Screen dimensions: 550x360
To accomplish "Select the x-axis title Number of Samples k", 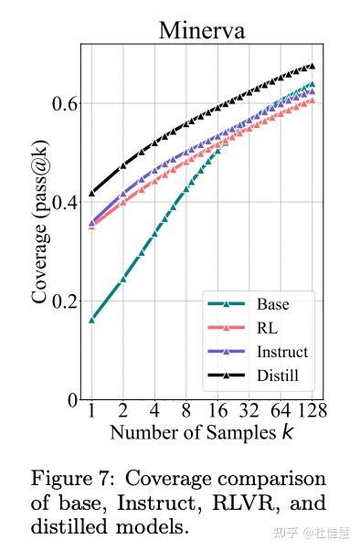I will pyautogui.click(x=202, y=431).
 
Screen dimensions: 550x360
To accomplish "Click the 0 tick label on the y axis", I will pyautogui.click(x=71, y=399).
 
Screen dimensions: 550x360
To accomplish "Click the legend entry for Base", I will pyautogui.click(x=273, y=304).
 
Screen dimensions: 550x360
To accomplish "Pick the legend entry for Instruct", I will pyautogui.click(x=282, y=352).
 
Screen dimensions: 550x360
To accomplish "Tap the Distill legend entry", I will pyautogui.click(x=278, y=375).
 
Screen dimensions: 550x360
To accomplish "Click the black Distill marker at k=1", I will pyautogui.click(x=91, y=193).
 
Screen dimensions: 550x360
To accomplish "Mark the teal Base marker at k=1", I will pyautogui.click(x=91, y=320).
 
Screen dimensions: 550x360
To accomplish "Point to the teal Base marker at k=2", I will pyautogui.click(x=122, y=279).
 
